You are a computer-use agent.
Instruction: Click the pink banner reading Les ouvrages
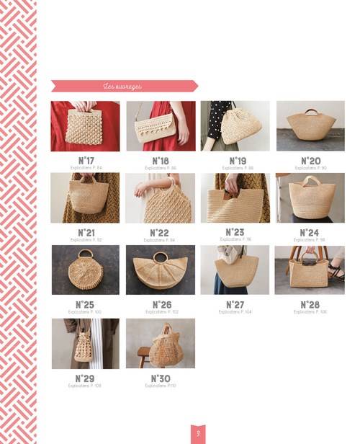(x=124, y=86)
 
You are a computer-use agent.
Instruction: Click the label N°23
(x=235, y=232)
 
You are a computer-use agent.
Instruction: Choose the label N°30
(x=161, y=378)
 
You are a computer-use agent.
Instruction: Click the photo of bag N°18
(x=161, y=126)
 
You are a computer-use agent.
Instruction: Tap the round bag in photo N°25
(x=86, y=271)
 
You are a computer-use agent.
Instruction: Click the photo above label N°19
(x=235, y=126)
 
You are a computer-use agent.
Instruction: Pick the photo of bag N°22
(x=160, y=198)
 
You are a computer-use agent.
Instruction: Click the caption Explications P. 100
(x=85, y=312)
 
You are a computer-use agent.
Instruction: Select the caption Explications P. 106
(x=310, y=312)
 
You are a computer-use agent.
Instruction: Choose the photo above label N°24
(x=310, y=198)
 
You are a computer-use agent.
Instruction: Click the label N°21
(x=86, y=233)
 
